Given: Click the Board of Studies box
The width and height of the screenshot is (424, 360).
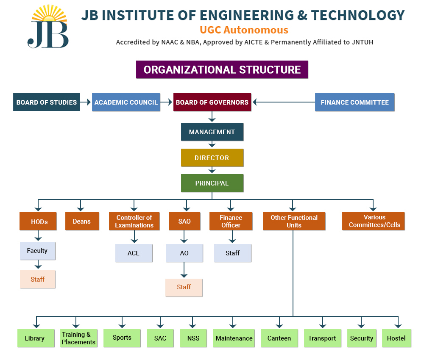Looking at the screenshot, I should point(47,102).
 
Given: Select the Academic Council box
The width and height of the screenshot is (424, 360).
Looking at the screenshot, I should point(126,102).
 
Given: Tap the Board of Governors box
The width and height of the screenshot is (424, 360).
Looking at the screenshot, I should point(212,102).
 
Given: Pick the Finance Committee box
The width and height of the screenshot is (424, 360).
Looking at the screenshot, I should point(354,102).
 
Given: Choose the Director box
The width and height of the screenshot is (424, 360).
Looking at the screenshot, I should point(212,158).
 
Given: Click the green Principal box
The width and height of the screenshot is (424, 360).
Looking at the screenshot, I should point(212,183).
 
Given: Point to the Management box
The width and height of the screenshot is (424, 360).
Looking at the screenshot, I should point(212,132).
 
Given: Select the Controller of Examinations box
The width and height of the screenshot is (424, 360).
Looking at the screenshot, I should point(134,221).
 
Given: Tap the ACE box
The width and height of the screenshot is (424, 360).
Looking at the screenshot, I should point(134,253).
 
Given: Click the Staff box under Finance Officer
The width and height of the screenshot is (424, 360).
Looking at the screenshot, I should point(232,253).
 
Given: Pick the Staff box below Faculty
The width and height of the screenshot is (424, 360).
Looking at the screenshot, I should point(38,279).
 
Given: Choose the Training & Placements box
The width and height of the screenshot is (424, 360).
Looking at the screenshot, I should point(79,338).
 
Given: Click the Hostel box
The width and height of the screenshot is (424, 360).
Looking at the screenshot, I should point(396,338).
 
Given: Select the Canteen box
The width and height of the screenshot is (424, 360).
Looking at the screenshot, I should point(279,338).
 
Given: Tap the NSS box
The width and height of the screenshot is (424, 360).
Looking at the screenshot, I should point(193,338).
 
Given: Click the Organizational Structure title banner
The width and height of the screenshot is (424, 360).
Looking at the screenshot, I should point(222,69).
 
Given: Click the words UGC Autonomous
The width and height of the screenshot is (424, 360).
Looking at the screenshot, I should point(244,30).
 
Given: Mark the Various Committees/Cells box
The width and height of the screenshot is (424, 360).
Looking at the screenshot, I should point(373,221).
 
